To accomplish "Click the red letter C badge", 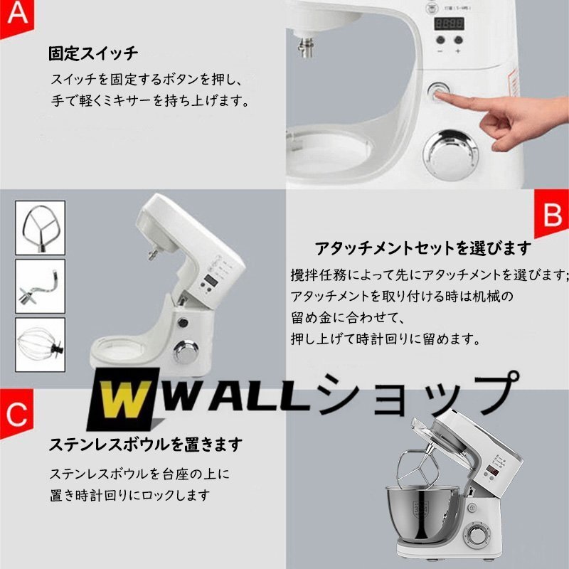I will pos(16,413).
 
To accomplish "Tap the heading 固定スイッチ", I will pos(93,54).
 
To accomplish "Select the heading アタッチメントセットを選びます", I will pos(423,248).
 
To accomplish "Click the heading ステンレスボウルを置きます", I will pos(146,445).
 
